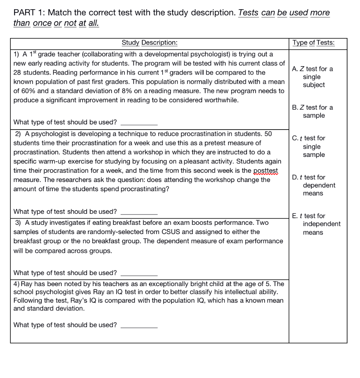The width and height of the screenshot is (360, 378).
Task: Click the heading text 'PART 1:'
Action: click(29, 13)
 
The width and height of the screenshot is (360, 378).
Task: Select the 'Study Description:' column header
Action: click(149, 42)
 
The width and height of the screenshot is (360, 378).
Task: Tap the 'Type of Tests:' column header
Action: click(314, 42)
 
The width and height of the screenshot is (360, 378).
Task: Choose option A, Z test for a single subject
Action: click(312, 77)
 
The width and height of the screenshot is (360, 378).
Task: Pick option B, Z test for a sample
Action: click(312, 111)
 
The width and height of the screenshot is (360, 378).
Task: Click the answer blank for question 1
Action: click(139, 123)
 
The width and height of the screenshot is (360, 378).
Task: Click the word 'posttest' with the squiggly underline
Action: click(266, 171)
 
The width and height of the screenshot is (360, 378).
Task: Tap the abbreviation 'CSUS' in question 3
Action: click(172, 232)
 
